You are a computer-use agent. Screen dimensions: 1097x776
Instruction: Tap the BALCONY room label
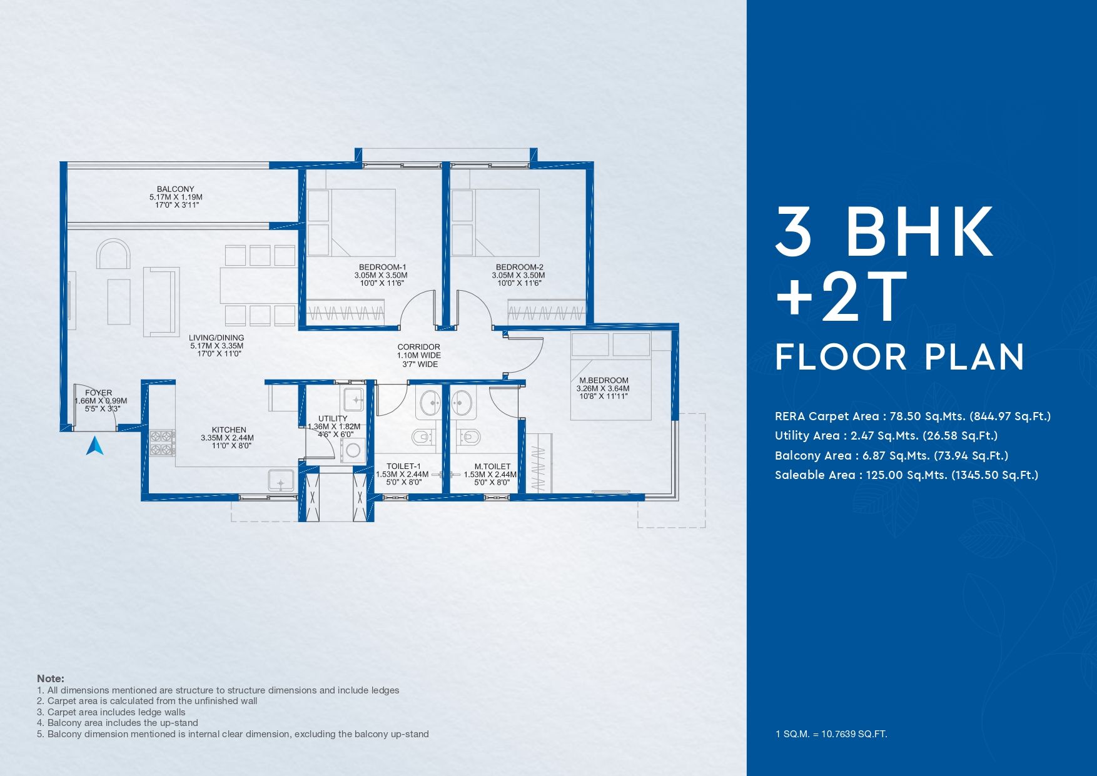pyautogui.click(x=176, y=189)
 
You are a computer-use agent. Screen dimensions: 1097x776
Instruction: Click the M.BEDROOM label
pyautogui.click(x=604, y=380)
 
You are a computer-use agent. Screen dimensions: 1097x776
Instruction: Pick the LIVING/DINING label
pyautogui.click(x=216, y=338)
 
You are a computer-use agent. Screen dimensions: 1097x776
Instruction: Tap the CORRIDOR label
pyautogui.click(x=419, y=347)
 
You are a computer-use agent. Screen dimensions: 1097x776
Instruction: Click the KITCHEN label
pyautogui.click(x=229, y=430)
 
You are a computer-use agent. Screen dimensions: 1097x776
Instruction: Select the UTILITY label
pyautogui.click(x=333, y=418)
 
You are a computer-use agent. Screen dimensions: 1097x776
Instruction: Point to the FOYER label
pyautogui.click(x=99, y=393)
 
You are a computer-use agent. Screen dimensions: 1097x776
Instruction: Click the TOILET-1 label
pyautogui.click(x=403, y=466)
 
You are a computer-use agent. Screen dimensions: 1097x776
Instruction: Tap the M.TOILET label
pyautogui.click(x=492, y=466)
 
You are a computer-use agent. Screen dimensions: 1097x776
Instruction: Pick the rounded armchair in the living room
pyautogui.click(x=113, y=253)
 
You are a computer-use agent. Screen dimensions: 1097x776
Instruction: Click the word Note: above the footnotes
pyautogui.click(x=51, y=678)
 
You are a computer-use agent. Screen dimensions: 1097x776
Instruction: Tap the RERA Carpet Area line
pyautogui.click(x=912, y=416)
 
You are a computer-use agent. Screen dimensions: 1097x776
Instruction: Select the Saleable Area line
pyautogui.click(x=906, y=475)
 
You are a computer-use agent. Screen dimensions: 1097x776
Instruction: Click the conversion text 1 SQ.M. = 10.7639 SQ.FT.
pyautogui.click(x=831, y=734)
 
